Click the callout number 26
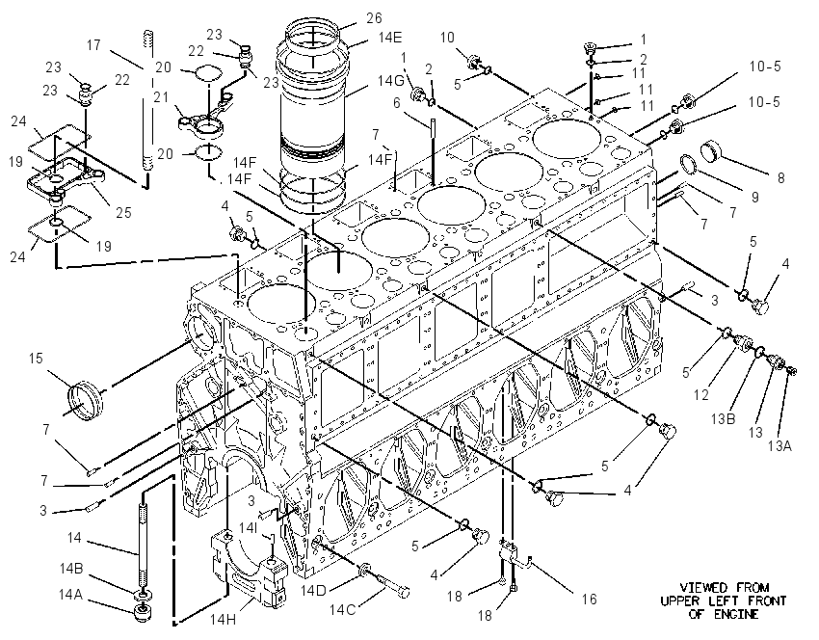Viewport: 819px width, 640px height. pyautogui.click(x=374, y=18)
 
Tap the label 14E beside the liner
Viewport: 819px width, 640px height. pyautogui.click(x=390, y=38)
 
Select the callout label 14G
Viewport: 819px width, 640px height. pyautogui.click(x=390, y=81)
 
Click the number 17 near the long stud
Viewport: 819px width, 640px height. pyautogui.click(x=93, y=45)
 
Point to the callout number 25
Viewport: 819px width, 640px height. pyautogui.click(x=123, y=213)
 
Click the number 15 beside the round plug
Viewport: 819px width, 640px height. pyautogui.click(x=36, y=359)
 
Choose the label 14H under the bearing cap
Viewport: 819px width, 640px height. pyautogui.click(x=223, y=620)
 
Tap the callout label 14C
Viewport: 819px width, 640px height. pyautogui.click(x=342, y=609)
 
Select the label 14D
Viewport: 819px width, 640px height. pyautogui.click(x=313, y=591)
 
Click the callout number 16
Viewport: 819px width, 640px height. pyautogui.click(x=589, y=600)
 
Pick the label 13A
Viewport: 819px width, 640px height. pyautogui.click(x=779, y=445)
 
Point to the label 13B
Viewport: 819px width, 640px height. pyautogui.click(x=723, y=418)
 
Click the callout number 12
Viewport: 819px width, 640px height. pyautogui.click(x=700, y=395)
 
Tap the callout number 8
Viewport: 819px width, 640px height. pyautogui.click(x=780, y=178)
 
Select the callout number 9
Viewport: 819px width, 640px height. pyautogui.click(x=754, y=197)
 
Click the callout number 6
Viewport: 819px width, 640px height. pyautogui.click(x=397, y=103)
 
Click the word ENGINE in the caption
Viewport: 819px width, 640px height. pyautogui.click(x=736, y=614)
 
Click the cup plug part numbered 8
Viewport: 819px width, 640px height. pyautogui.click(x=711, y=150)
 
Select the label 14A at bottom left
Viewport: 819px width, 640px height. pyautogui.click(x=71, y=594)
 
